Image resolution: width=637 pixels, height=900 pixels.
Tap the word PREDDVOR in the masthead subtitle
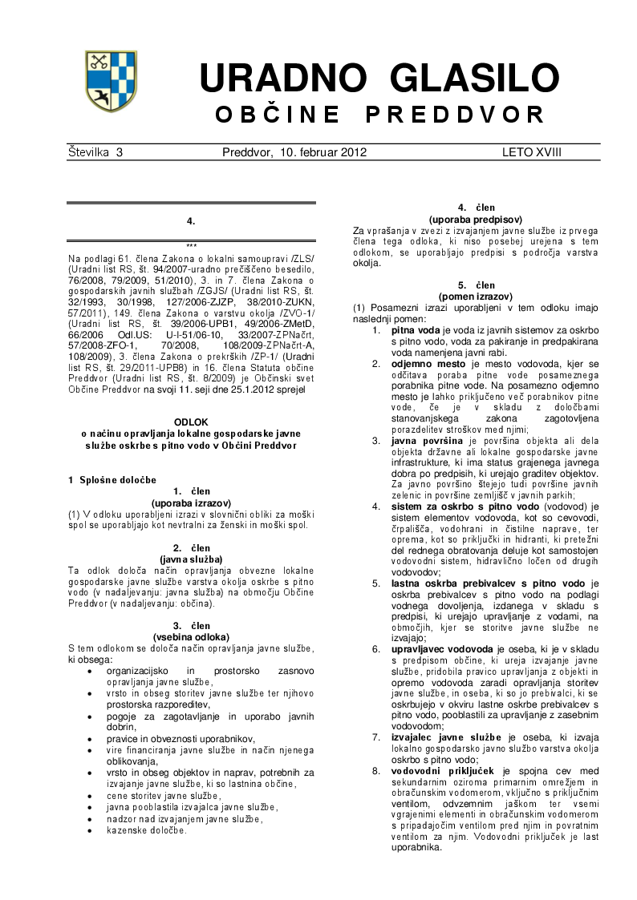[x=455, y=115]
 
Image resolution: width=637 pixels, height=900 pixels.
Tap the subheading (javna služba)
[x=191, y=559]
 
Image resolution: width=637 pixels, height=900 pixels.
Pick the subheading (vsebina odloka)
[x=191, y=637]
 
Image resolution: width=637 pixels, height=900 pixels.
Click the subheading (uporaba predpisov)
[x=476, y=219]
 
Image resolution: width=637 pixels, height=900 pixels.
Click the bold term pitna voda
[x=415, y=329]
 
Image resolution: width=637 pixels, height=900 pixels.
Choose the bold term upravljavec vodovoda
[x=442, y=647]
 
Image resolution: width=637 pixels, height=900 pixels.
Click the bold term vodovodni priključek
[x=439, y=771]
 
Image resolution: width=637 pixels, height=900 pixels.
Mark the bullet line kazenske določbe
[x=147, y=829]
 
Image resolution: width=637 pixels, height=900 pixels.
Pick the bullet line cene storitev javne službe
[x=164, y=795]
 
